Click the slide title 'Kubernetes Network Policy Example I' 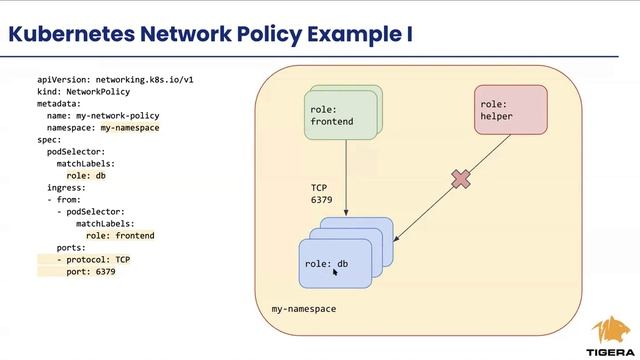210,34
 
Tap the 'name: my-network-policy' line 103,115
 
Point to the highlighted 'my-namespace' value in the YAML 130,128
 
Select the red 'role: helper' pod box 510,110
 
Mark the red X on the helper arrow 460,179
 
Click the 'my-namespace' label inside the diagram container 304,309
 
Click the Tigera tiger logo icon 610,329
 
